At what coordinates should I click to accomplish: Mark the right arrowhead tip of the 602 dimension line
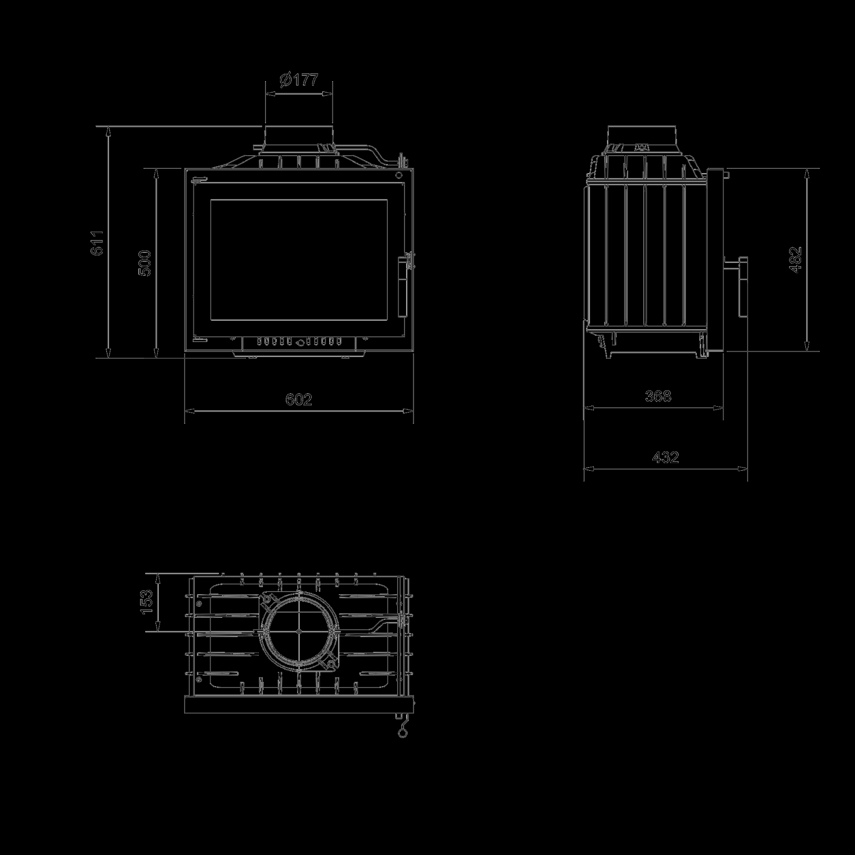[x=414, y=411]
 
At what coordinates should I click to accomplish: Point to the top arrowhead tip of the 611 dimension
[x=108, y=127]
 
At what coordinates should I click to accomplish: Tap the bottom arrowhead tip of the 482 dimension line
[x=806, y=351]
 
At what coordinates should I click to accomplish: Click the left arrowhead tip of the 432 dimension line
[x=584, y=469]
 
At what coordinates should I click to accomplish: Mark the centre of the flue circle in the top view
[x=299, y=631]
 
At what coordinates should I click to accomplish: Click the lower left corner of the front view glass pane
[x=210, y=320]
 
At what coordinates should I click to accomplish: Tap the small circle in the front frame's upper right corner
[x=399, y=175]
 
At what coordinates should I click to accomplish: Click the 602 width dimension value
[x=298, y=400]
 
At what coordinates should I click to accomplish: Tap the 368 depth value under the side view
[x=658, y=396]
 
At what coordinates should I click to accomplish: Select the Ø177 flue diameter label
[x=299, y=80]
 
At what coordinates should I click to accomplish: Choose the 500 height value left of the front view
[x=145, y=263]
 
